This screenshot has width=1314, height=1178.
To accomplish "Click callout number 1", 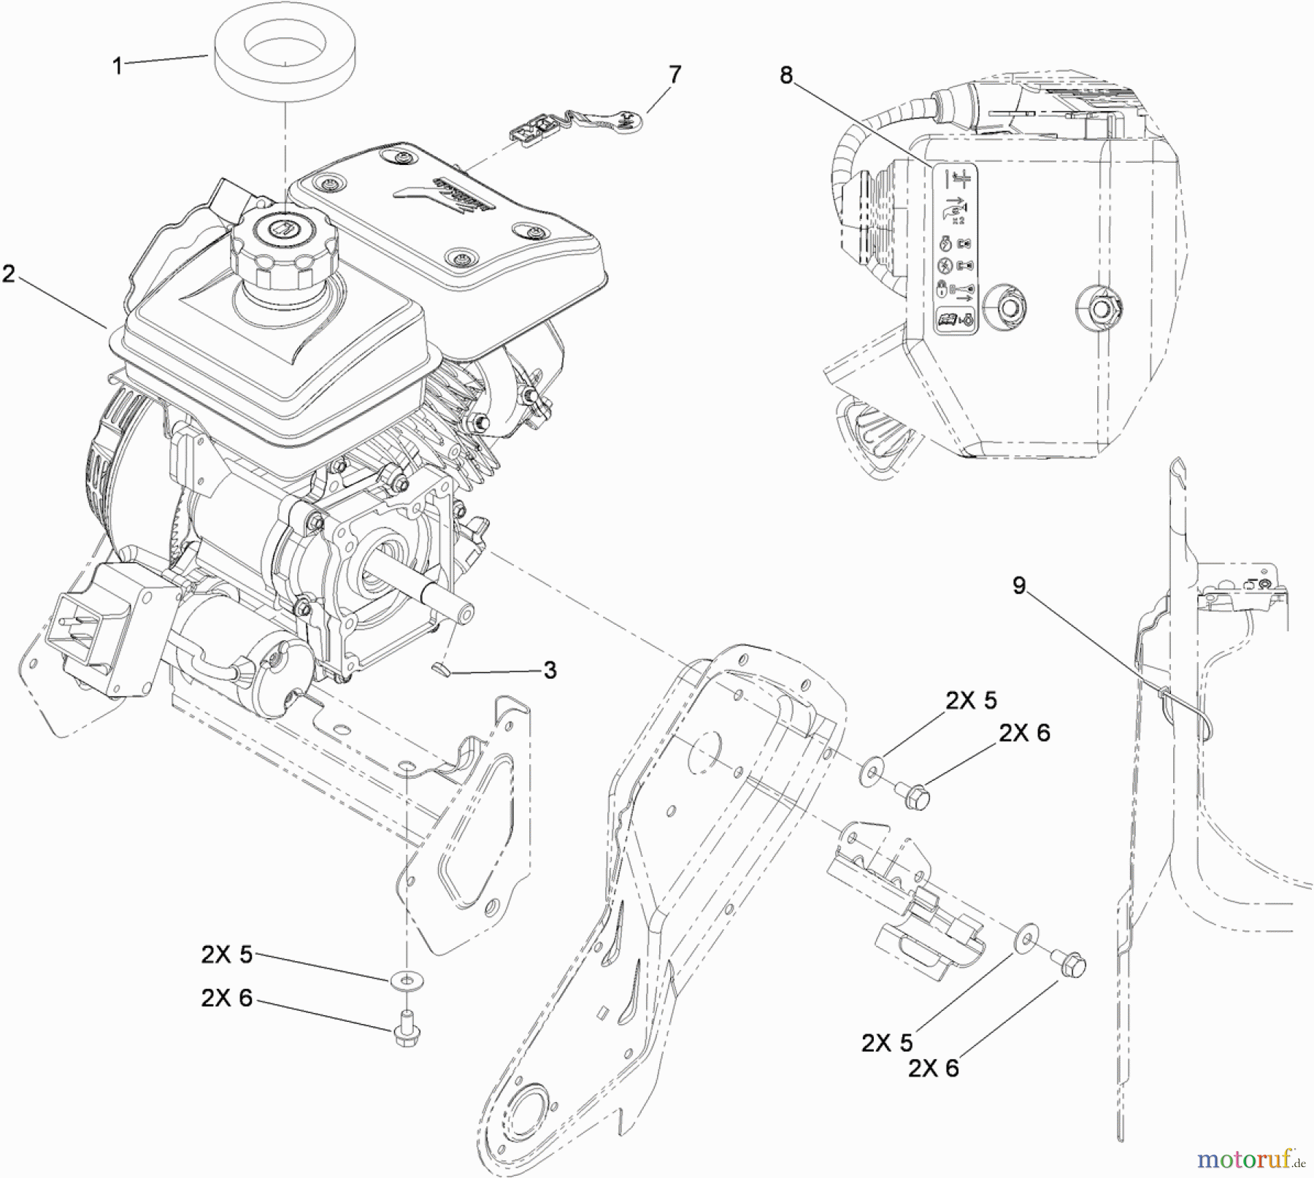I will pos(117,66).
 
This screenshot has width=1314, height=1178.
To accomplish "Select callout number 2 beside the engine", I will pos(9,274).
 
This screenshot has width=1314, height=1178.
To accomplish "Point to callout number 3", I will pos(550,670).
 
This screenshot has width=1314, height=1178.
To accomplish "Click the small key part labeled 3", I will pos(441,666).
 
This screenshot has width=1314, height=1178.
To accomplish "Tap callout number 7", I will pos(675,74).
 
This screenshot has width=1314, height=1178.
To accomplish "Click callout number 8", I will pos(785,75).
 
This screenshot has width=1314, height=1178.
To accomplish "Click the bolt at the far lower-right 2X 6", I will pos(1072,966).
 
